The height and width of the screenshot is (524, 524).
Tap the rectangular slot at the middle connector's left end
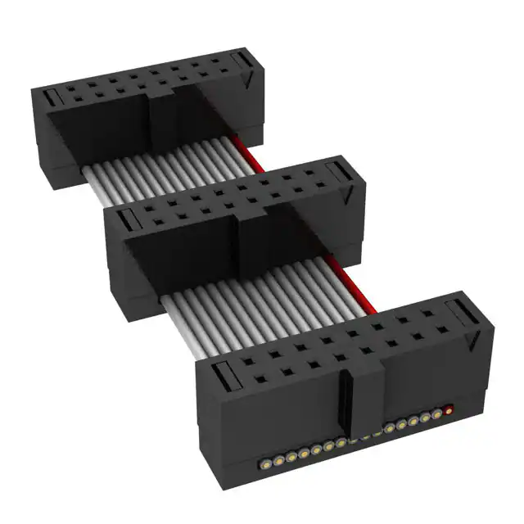[x=125, y=219]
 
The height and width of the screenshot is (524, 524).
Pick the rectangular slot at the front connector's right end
[x=458, y=310]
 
